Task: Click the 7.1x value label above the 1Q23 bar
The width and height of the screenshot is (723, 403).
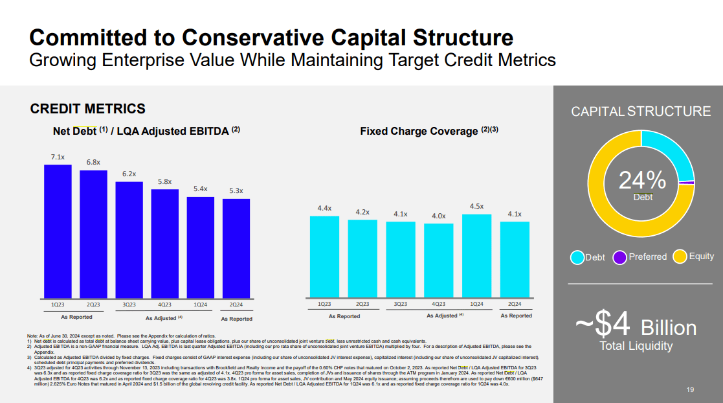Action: coord(58,157)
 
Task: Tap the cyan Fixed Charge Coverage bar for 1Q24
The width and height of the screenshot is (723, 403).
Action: coord(477,256)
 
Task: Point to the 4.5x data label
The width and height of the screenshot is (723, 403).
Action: coord(477,206)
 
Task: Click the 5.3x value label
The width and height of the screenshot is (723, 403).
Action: coord(236,191)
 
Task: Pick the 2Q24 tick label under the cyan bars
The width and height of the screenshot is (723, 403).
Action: coord(515,304)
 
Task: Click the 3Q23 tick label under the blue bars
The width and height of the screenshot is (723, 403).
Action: coord(129,304)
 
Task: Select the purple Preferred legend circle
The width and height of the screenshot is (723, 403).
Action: coord(619,257)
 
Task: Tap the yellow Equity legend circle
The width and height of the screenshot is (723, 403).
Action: coord(680,257)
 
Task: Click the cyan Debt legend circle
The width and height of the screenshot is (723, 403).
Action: coord(577,257)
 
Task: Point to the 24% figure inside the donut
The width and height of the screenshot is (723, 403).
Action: coord(642,180)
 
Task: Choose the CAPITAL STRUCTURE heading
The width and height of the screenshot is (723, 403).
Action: coord(641,111)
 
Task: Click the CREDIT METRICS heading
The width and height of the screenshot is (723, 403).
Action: coord(88,109)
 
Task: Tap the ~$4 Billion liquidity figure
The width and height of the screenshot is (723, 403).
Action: coord(636,326)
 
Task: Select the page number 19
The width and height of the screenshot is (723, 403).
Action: coord(689,390)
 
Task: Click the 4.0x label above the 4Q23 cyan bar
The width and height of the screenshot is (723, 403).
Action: coord(439,216)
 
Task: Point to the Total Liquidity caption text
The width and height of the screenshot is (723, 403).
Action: coord(636,346)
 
